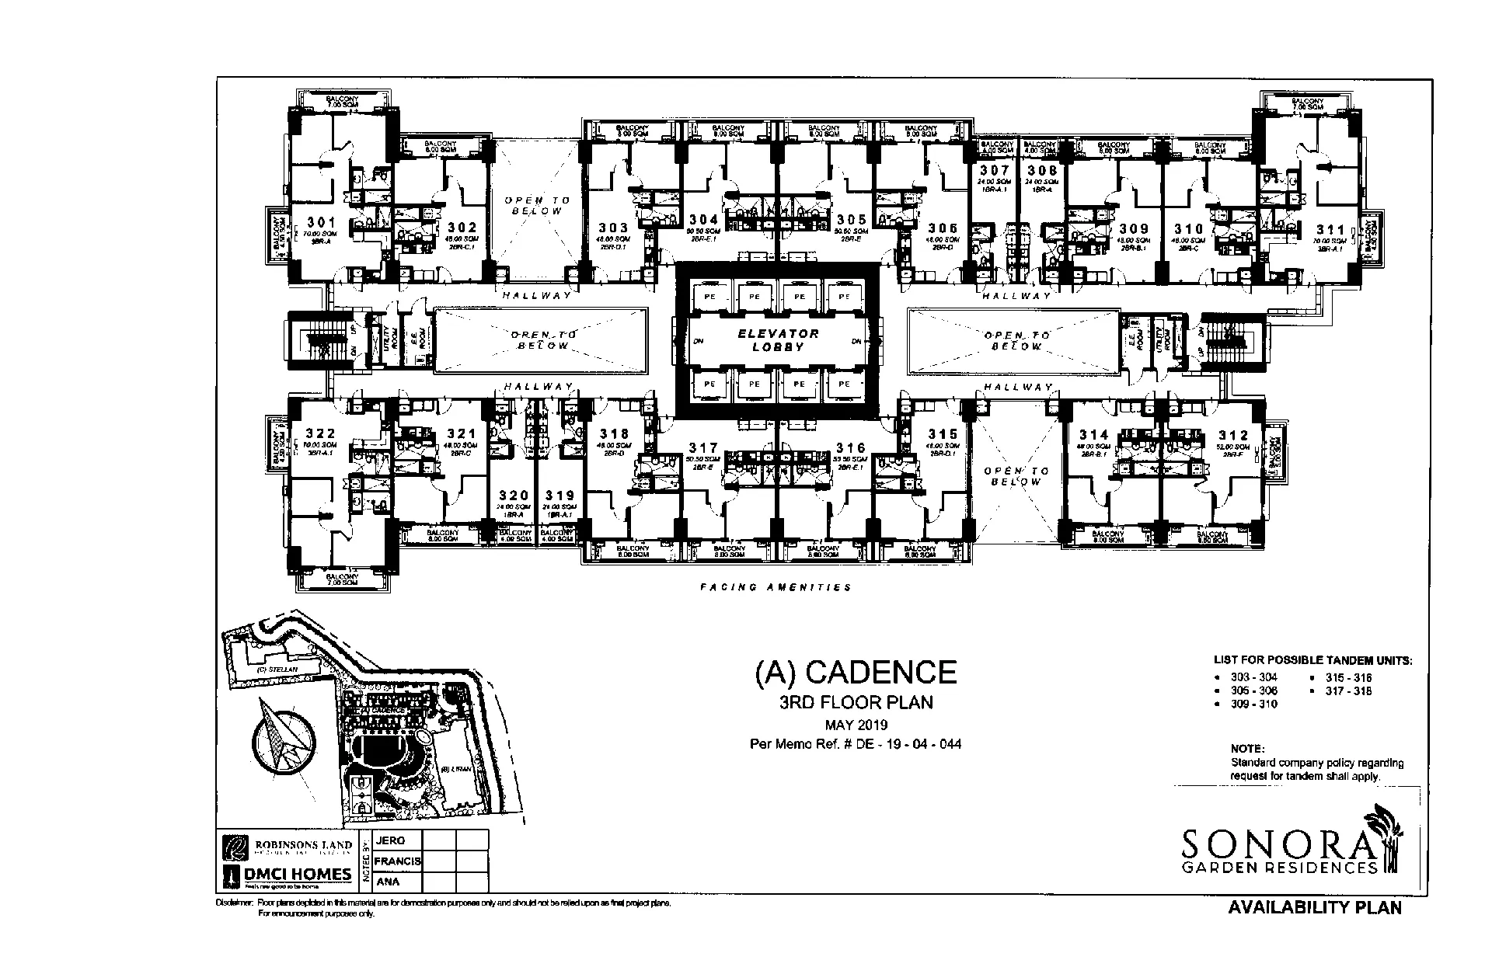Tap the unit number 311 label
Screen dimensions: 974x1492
tap(1330, 229)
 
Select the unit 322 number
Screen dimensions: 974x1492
tap(319, 433)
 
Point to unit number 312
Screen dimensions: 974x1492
tap(1233, 436)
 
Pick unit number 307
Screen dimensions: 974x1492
tap(994, 170)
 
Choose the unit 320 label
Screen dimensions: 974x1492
tap(514, 495)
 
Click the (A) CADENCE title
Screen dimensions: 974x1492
tap(856, 672)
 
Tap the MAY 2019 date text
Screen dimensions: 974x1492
tap(856, 725)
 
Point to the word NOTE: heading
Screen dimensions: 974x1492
tap(1246, 749)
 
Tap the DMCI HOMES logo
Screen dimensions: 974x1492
tap(288, 875)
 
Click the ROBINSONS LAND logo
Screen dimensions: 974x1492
tap(288, 844)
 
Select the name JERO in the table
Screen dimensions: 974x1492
tap(390, 840)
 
